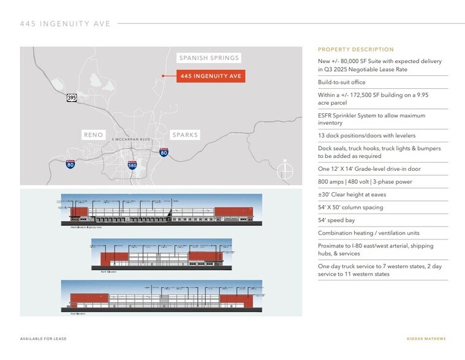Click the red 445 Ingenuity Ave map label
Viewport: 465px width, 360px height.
(211, 76)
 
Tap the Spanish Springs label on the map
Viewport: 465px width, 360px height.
(208, 58)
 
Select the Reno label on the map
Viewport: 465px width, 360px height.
(94, 135)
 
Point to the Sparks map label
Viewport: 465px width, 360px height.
(184, 135)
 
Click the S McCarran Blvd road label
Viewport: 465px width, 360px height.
(130, 140)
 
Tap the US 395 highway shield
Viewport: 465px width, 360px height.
(72, 97)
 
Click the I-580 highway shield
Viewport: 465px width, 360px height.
(132, 164)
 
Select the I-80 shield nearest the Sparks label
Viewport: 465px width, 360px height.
(164, 152)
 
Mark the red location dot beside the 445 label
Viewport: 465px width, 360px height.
(163, 76)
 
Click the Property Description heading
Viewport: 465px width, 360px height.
(356, 50)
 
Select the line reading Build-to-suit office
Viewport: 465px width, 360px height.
(341, 82)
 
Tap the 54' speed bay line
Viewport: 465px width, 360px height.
(336, 220)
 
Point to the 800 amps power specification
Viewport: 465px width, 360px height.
(356, 182)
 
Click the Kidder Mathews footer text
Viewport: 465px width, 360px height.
(426, 339)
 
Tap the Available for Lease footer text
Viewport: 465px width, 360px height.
(43, 339)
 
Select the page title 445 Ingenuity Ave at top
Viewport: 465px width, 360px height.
(65, 24)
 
